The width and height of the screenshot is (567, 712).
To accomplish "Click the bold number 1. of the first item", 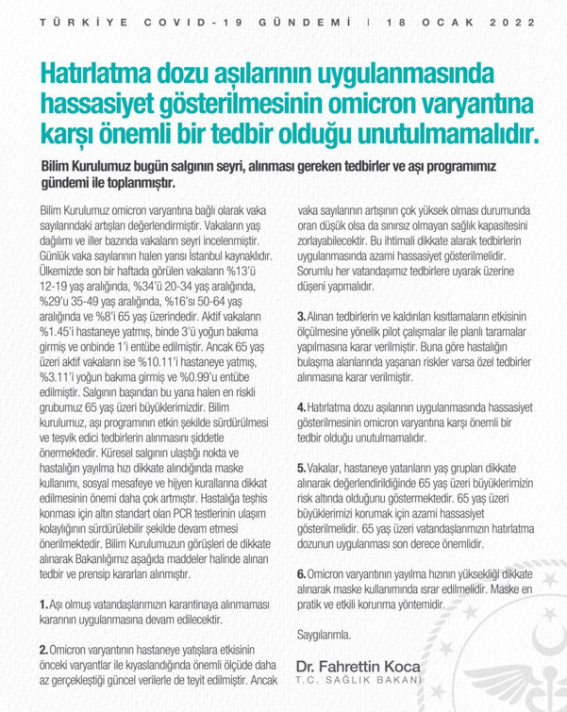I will tap(44, 600).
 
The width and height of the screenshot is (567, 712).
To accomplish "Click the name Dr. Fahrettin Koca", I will tap(358, 665).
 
